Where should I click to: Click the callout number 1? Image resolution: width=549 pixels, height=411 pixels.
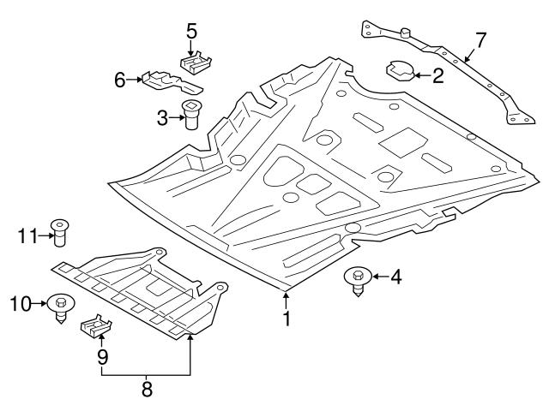(x=287, y=319)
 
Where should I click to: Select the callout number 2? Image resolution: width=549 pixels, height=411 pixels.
(x=437, y=77)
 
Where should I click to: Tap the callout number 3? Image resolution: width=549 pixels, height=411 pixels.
(x=163, y=117)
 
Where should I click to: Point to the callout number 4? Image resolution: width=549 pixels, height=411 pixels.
(x=395, y=277)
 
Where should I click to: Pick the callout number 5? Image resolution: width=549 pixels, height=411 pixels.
(x=192, y=33)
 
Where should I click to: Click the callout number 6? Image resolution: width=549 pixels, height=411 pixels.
(x=121, y=80)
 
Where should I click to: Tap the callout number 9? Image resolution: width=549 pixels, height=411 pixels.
(x=101, y=357)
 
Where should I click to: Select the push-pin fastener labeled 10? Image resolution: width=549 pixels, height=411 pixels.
(x=60, y=307)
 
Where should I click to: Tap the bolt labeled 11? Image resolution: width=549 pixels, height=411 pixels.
(x=61, y=232)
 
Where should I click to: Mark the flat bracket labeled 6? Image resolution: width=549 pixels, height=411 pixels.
(x=172, y=81)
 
